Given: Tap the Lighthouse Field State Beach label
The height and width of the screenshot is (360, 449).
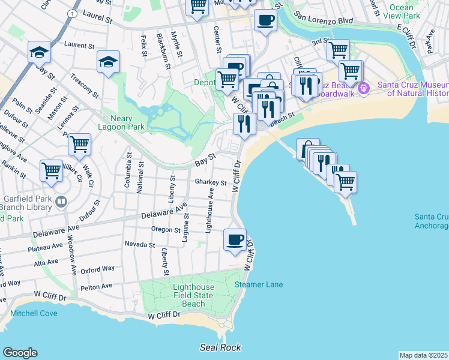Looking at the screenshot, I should [x=193, y=296].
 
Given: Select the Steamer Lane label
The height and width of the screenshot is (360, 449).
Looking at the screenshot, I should [x=259, y=284].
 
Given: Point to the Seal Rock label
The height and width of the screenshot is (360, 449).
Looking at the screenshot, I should [x=221, y=347].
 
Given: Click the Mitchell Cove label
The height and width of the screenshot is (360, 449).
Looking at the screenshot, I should [x=34, y=313].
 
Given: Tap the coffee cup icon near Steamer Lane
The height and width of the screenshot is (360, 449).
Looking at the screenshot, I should [x=234, y=240].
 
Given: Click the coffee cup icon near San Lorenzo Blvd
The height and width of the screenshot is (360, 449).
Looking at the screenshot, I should [x=265, y=21].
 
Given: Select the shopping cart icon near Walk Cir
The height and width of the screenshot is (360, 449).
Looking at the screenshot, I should [x=79, y=145].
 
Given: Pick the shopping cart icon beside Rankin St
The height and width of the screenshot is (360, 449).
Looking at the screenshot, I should [x=52, y=170].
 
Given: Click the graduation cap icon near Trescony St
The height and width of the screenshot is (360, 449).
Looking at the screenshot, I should [x=108, y=62].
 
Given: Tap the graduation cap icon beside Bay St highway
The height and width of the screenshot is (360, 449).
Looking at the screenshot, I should [x=39, y=52].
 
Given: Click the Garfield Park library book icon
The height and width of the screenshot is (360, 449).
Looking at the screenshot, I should [x=61, y=201].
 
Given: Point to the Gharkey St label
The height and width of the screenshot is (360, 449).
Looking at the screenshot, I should [x=210, y=182].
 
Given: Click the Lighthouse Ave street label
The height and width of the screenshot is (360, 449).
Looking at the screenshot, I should [x=209, y=210].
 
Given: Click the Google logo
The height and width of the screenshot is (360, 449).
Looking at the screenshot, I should [x=20, y=353].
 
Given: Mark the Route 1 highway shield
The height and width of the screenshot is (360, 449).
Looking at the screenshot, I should [x=72, y=13].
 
